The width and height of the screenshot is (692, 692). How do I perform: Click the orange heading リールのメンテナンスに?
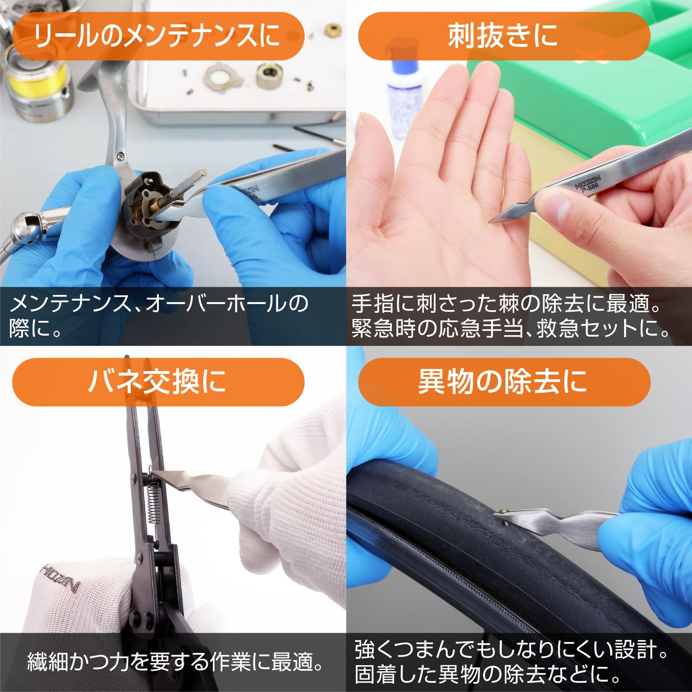pyautogui.click(x=158, y=36)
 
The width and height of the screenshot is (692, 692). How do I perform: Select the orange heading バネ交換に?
pyautogui.click(x=158, y=382)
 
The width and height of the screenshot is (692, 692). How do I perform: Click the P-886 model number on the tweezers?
pyautogui.click(x=590, y=187)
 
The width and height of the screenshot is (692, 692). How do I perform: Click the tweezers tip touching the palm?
pyautogui.click(x=491, y=221)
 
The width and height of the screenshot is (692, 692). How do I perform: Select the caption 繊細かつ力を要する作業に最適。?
pyautogui.click(x=175, y=662)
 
